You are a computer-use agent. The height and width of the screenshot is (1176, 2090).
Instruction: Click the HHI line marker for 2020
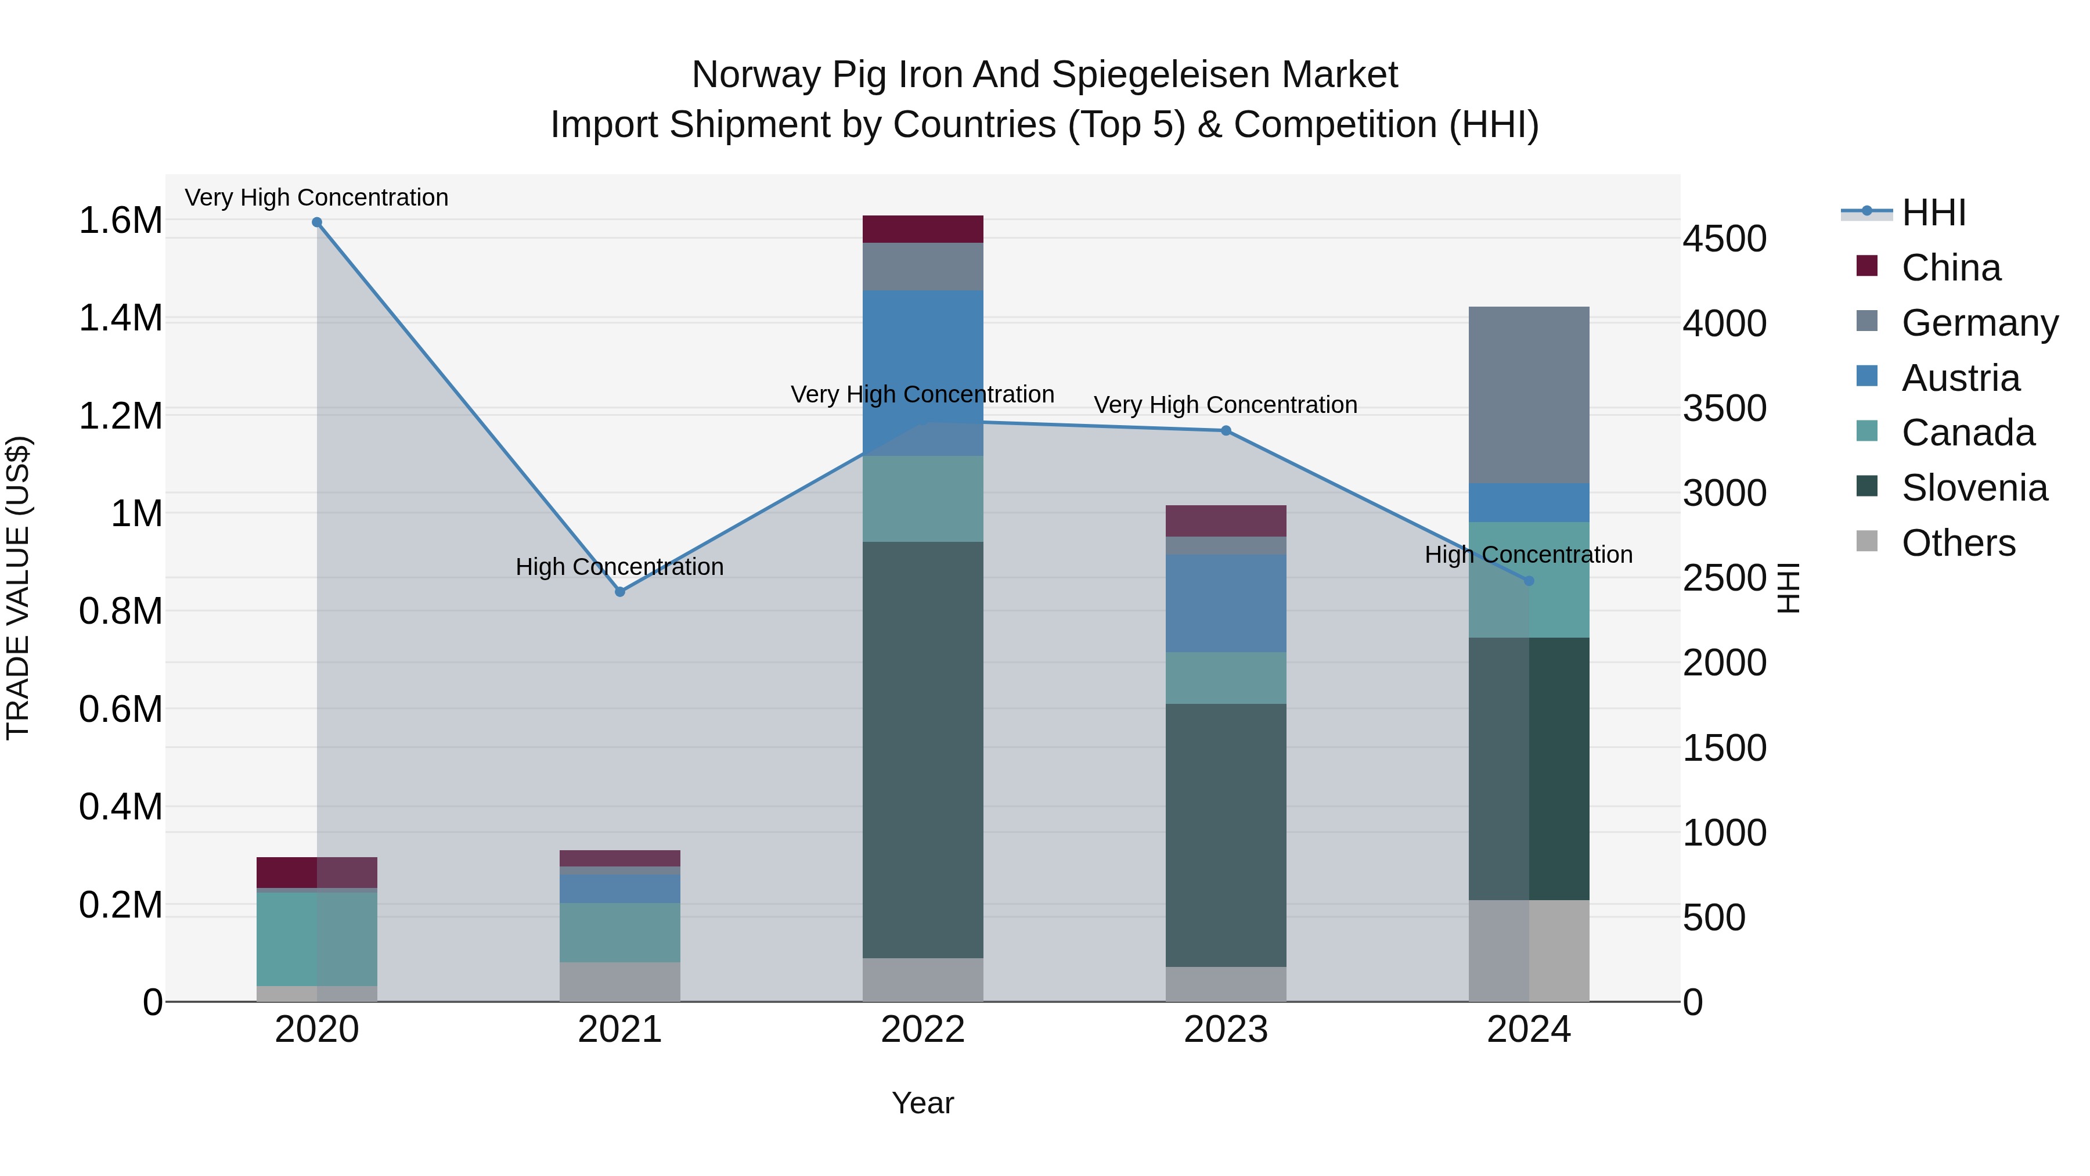[x=317, y=222]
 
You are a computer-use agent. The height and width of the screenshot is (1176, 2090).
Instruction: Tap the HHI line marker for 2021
[x=620, y=592]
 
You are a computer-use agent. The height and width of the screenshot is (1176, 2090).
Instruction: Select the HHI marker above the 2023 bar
[x=1226, y=431]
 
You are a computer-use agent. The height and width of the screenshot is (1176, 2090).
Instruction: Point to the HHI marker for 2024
[x=1529, y=581]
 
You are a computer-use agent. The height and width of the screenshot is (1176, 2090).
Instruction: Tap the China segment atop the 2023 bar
[x=1226, y=521]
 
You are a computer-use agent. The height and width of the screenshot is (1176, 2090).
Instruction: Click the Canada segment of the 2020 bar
[x=316, y=939]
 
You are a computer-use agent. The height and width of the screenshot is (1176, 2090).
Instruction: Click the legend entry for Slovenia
[x=1973, y=488]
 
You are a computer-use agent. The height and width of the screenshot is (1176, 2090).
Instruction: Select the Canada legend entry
[x=1968, y=433]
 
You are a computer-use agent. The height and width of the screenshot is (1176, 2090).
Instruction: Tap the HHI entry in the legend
[x=1933, y=213]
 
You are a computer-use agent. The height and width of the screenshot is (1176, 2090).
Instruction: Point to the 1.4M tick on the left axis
[x=121, y=318]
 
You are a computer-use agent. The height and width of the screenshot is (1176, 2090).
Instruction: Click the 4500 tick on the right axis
[x=1724, y=239]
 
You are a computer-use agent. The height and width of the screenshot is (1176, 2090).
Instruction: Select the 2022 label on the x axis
[x=923, y=1030]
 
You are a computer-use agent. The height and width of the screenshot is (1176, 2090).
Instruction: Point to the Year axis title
[x=923, y=1103]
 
